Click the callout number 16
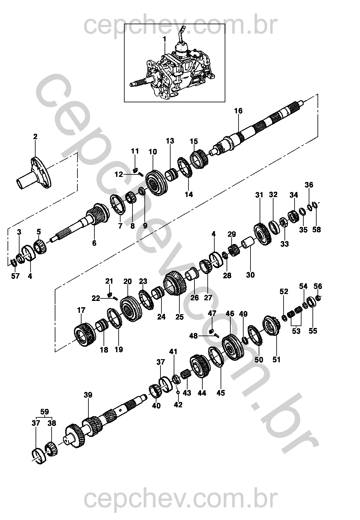(x=238, y=111)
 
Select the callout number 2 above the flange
(x=35, y=137)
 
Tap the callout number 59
(x=44, y=411)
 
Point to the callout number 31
(x=259, y=195)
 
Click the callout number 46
(x=230, y=314)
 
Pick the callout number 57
(x=15, y=276)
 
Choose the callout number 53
(x=296, y=331)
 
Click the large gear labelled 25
(x=175, y=283)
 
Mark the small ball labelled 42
(x=178, y=393)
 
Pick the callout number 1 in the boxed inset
(x=164, y=39)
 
